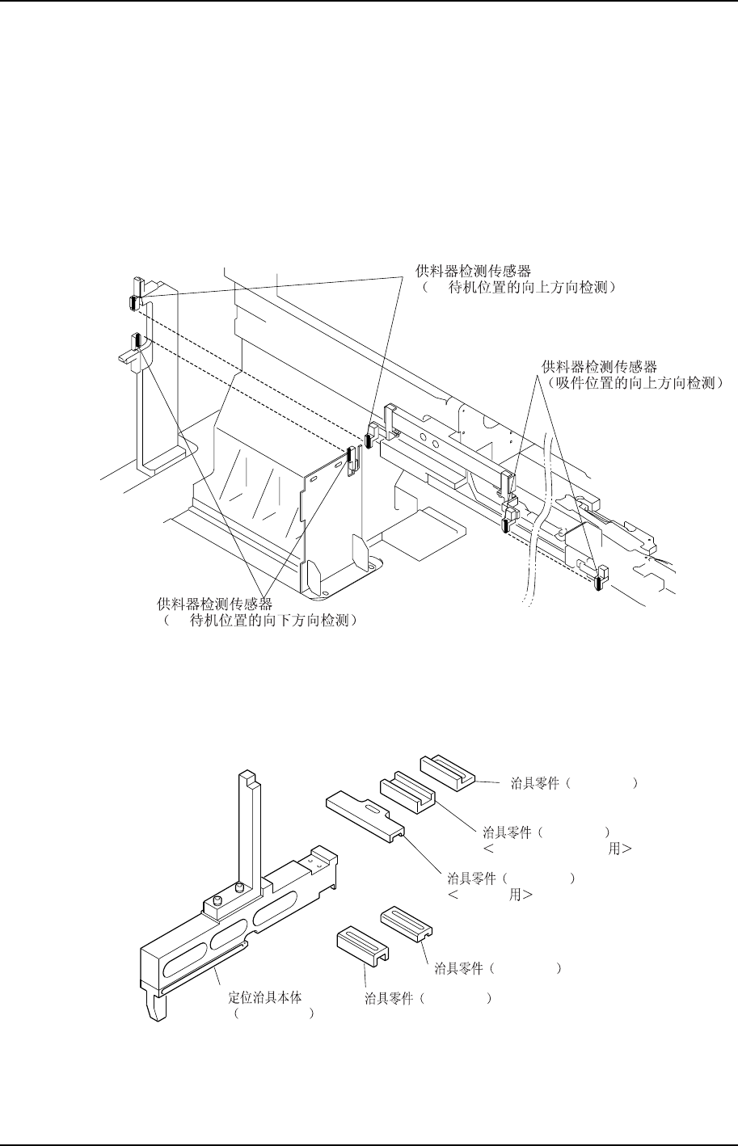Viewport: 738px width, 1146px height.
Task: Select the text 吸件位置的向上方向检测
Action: (631, 382)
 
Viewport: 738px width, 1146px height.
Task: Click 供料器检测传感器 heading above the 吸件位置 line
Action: (599, 367)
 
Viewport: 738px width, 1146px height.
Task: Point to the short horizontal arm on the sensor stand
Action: (130, 356)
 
